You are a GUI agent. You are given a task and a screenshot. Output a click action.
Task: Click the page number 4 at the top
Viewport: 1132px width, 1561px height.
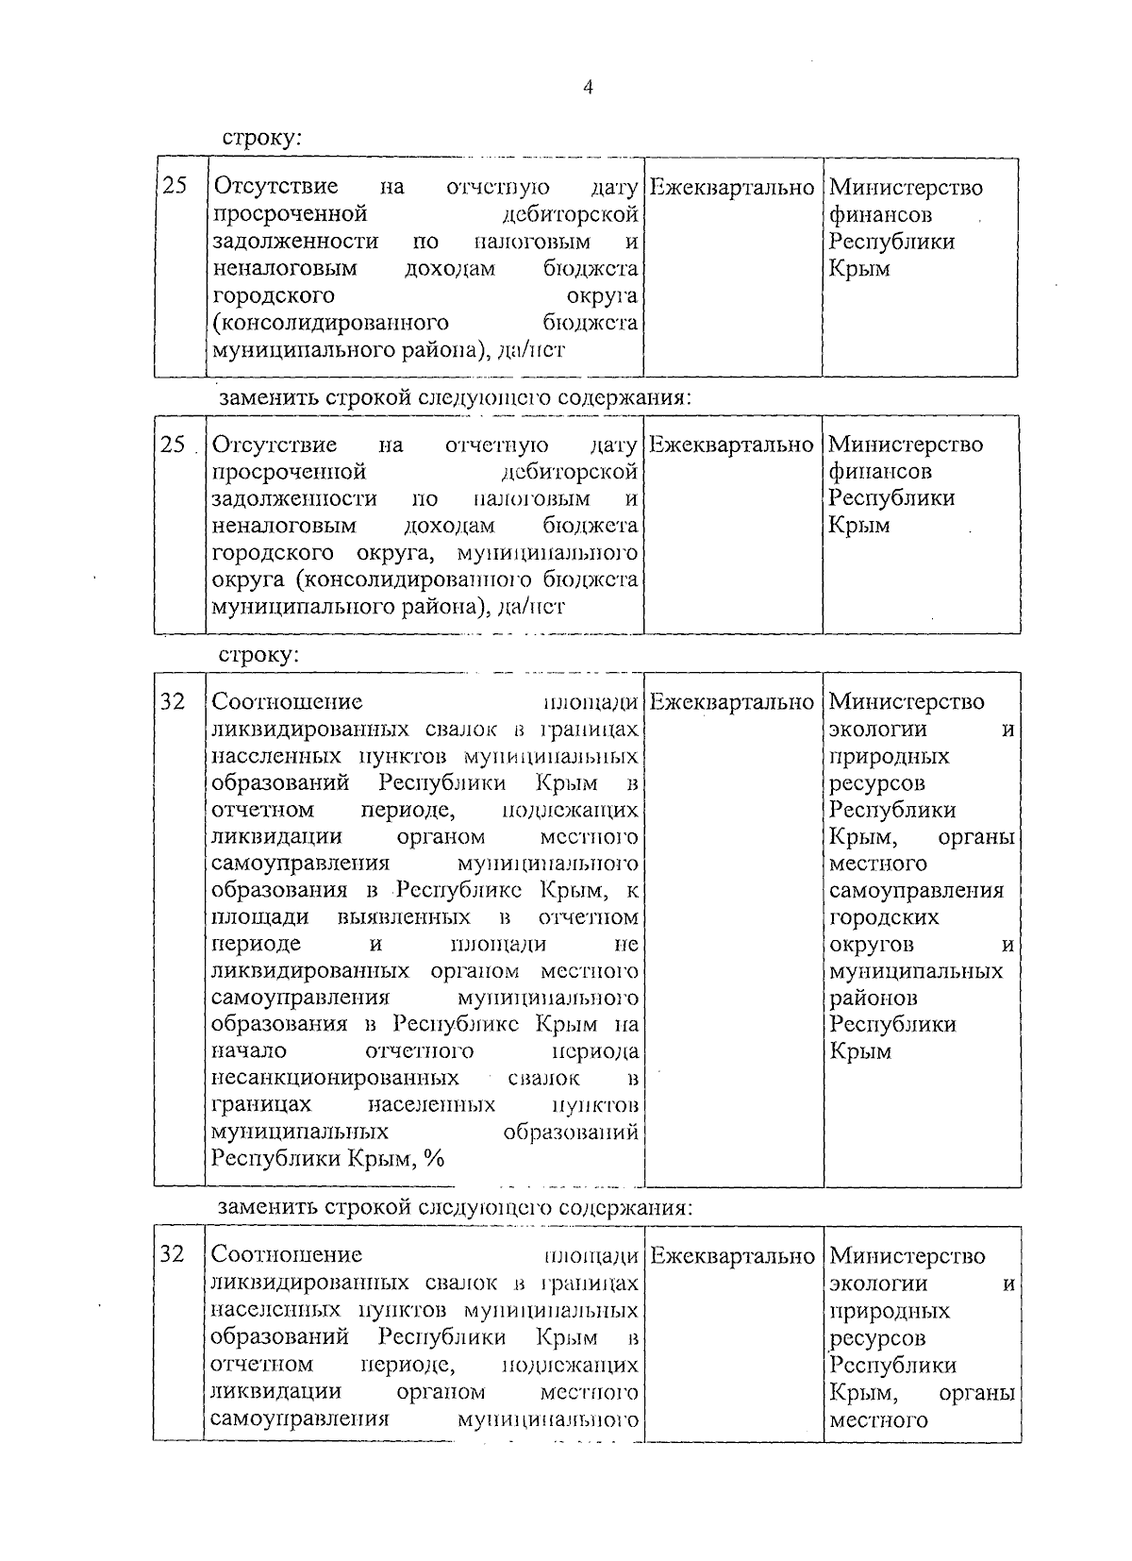click(x=588, y=88)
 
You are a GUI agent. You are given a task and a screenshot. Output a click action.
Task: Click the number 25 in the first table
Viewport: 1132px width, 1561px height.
click(x=175, y=186)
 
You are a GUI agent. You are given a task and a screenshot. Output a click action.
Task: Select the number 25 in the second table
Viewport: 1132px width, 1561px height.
click(x=174, y=443)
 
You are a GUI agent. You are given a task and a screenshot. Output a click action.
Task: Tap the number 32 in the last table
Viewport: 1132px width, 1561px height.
click(x=173, y=1254)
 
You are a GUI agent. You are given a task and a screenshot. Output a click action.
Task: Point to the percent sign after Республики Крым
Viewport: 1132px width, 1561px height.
click(x=434, y=1158)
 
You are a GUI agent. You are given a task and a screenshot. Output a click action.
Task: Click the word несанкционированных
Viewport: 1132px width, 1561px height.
click(x=336, y=1078)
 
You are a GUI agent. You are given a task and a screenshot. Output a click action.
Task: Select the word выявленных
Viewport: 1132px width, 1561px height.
click(x=403, y=917)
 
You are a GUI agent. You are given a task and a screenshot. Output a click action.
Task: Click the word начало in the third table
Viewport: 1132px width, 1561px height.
click(x=250, y=1050)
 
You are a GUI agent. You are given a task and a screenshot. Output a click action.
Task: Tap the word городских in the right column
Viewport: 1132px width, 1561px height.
click(x=884, y=917)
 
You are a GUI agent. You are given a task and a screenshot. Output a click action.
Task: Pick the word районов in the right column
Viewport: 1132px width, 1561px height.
click(x=874, y=998)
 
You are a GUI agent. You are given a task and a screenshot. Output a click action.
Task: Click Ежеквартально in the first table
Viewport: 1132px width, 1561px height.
click(x=732, y=188)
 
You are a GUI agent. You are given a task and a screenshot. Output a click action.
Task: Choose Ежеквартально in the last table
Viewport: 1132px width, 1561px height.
click(x=732, y=1256)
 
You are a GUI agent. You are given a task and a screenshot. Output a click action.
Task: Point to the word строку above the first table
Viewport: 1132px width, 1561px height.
click(x=261, y=138)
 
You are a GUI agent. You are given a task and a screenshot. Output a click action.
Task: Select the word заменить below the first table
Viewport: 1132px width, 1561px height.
click(x=268, y=397)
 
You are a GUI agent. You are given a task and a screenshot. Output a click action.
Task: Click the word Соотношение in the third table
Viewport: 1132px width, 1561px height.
click(x=287, y=702)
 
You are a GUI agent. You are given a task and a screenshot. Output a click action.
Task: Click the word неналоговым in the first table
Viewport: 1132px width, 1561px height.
click(x=285, y=269)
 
